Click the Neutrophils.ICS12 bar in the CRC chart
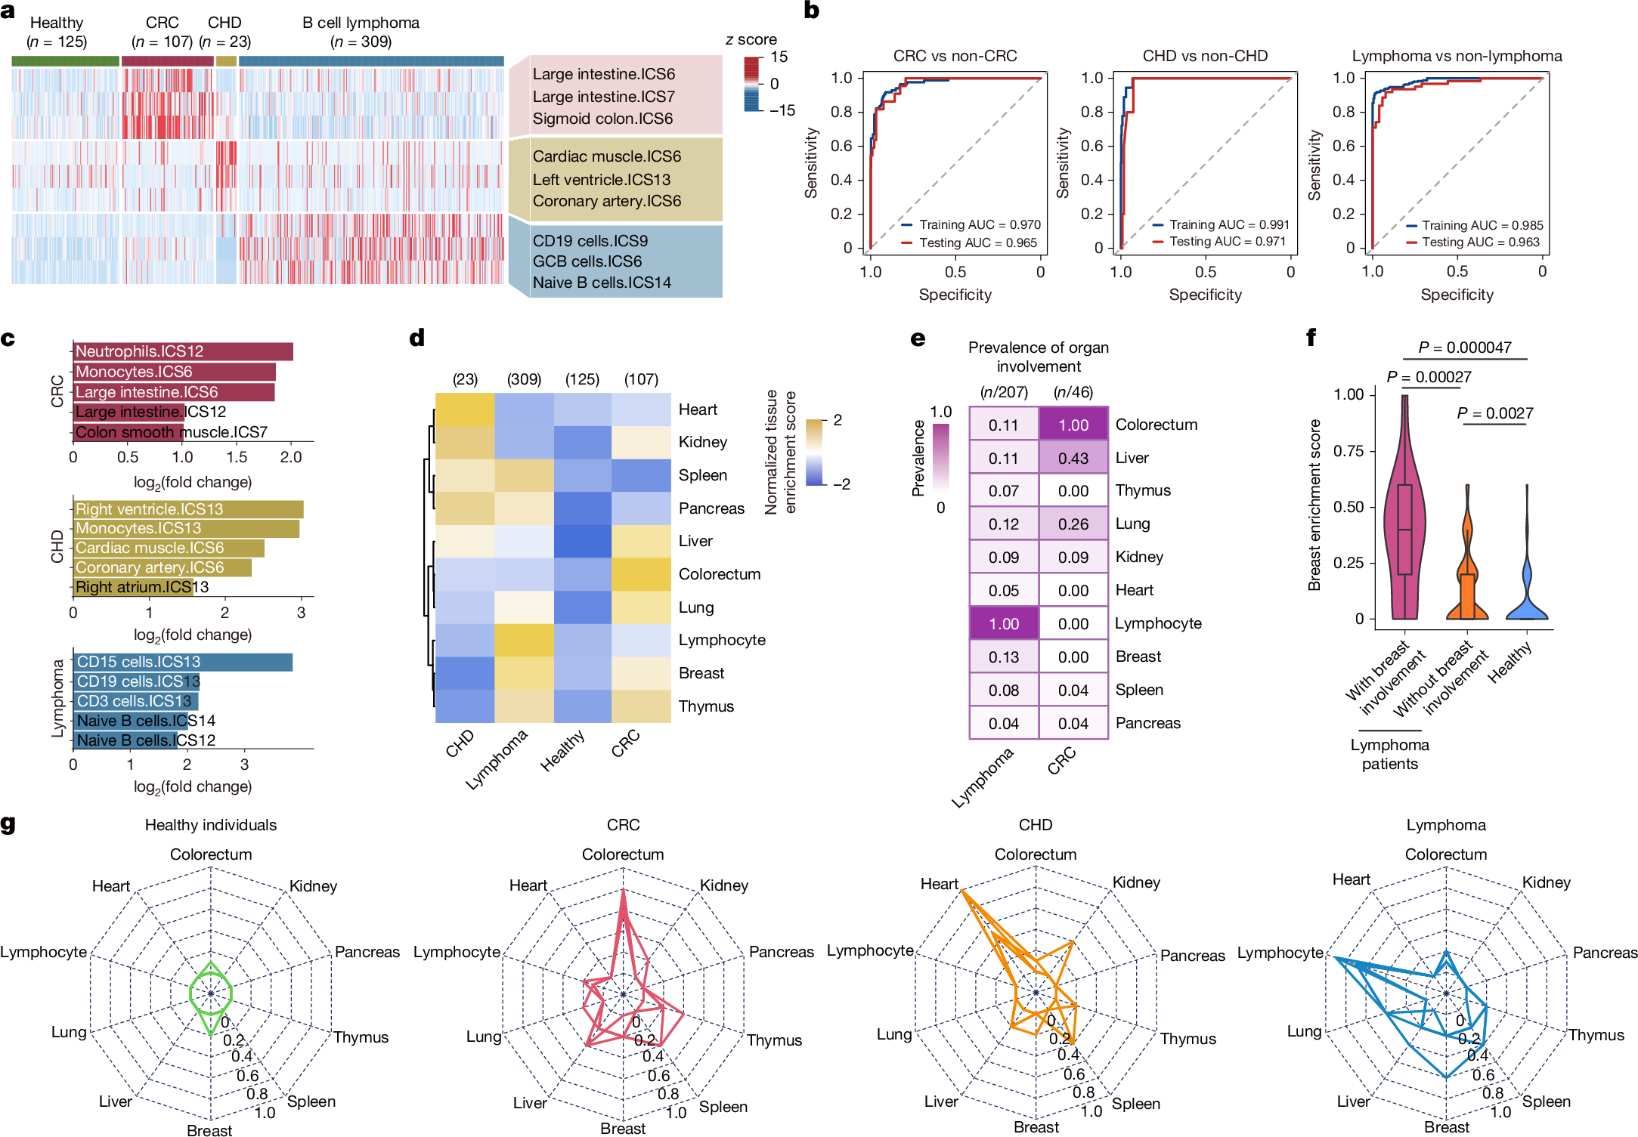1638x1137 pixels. pyautogui.click(x=183, y=351)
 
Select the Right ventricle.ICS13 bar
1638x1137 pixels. pyautogui.click(x=188, y=509)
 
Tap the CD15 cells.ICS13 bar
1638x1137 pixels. pyautogui.click(x=183, y=662)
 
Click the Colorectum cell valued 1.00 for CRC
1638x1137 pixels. pyautogui.click(x=1073, y=425)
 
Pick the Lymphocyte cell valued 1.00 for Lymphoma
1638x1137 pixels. pyautogui.click(x=1004, y=623)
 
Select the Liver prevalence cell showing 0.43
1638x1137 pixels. pyautogui.click(x=1073, y=458)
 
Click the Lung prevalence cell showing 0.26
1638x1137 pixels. pyautogui.click(x=1073, y=524)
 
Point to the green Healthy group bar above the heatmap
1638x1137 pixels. pyautogui.click(x=65, y=61)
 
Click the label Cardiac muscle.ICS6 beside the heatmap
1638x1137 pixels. pyautogui.click(x=606, y=156)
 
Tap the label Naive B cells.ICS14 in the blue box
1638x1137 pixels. pyautogui.click(x=602, y=283)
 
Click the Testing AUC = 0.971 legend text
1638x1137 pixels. pyautogui.click(x=1228, y=241)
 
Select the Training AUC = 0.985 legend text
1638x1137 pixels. pyautogui.click(x=1482, y=225)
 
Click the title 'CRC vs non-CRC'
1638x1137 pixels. pyautogui.click(x=955, y=56)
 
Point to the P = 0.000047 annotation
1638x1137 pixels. pyautogui.click(x=1465, y=348)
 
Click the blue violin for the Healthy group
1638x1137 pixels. pyautogui.click(x=1527, y=597)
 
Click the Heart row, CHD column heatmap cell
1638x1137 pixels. pyautogui.click(x=465, y=409)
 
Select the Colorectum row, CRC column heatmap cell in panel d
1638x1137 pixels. pyautogui.click(x=641, y=574)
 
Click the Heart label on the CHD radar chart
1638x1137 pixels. pyautogui.click(x=939, y=884)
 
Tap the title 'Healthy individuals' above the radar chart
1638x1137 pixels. pyautogui.click(x=211, y=825)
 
